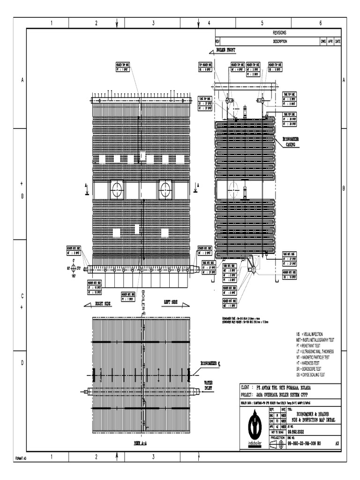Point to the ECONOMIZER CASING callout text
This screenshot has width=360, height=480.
[x=292, y=142]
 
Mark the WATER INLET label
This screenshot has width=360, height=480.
[x=208, y=385]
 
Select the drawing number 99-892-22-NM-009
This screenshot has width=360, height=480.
[x=307, y=442]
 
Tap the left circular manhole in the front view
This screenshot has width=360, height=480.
[x=116, y=190]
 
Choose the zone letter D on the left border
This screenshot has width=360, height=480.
[x=22, y=364]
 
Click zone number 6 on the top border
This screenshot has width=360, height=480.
[x=320, y=23]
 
